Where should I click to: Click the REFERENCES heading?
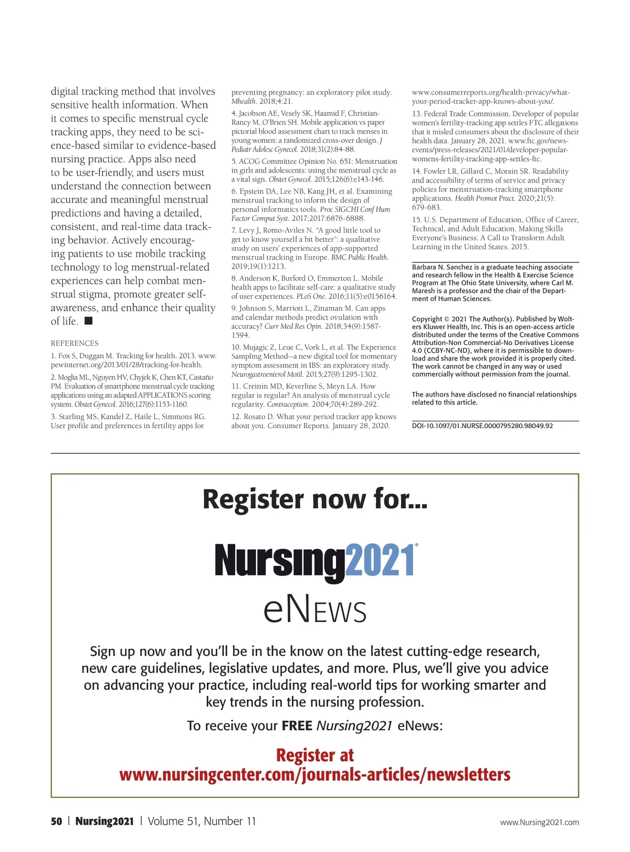(75, 343)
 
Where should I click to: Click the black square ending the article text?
(89, 321)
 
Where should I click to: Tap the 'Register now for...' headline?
(315, 499)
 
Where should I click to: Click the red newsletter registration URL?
(315, 775)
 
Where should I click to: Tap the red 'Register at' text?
(315, 755)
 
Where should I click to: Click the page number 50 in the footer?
(56, 822)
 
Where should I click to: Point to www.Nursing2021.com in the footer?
(539, 822)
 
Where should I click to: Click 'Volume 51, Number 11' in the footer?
(202, 822)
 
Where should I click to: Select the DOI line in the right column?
(482, 425)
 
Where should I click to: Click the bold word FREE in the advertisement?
(297, 726)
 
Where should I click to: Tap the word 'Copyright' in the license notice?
(427, 319)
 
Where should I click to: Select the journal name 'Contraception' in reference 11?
(287, 404)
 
